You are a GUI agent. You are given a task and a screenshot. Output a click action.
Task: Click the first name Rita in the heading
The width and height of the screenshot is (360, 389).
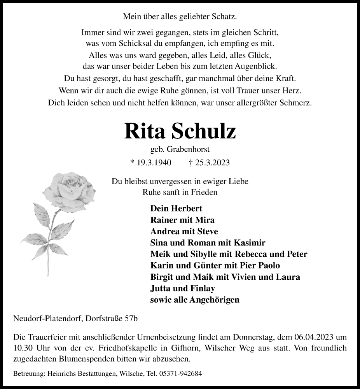click(x=144, y=131)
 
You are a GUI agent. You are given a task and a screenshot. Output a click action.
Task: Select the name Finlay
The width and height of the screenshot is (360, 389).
click(x=201, y=289)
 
